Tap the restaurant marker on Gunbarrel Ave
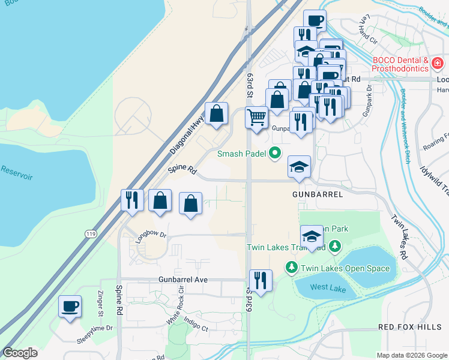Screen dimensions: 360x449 coord(261,281)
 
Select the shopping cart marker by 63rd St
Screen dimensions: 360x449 coord(256,116)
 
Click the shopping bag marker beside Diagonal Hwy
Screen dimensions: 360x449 coord(216,113)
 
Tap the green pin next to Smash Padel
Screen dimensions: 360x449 coord(275,154)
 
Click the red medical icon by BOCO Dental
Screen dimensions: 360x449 coord(438,63)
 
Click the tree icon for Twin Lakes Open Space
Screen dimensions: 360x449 coord(292,268)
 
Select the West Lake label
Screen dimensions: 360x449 coord(328,287)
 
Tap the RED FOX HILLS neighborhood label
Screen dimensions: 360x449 coord(409,327)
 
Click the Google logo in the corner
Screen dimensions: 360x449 coord(20,353)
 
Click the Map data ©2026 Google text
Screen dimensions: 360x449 coord(411,355)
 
